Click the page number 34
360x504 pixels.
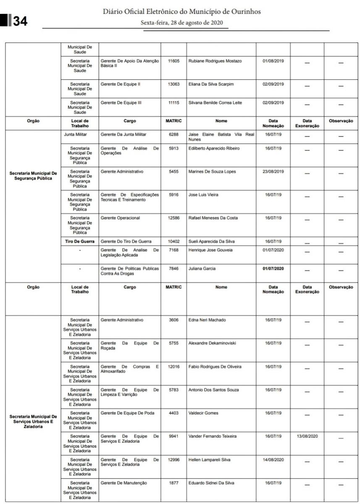point(20,21)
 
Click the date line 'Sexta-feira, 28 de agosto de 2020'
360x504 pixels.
point(181,23)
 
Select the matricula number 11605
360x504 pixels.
point(173,61)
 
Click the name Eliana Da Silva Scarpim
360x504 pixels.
point(211,84)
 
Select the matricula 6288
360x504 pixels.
point(173,134)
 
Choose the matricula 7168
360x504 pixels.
point(173,250)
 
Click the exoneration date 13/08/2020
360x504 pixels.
point(307,436)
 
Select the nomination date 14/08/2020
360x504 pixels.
point(273,460)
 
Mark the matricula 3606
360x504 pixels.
point(173,320)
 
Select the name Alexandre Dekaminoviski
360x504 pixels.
point(212,343)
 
